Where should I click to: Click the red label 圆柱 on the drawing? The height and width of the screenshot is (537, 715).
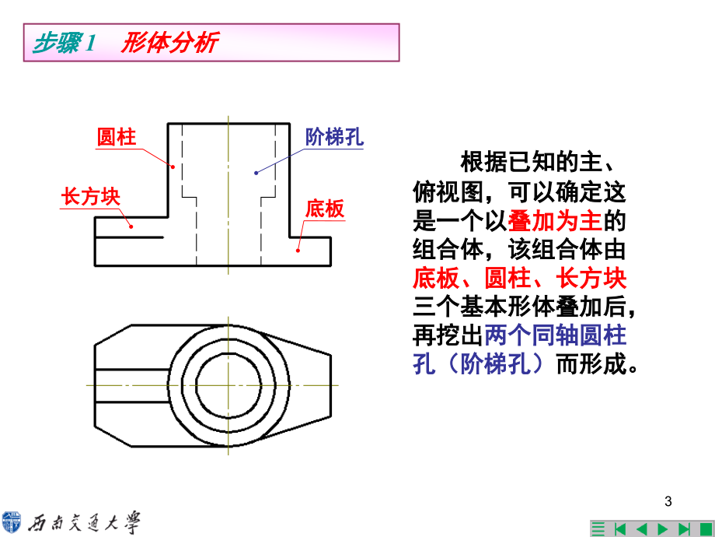click(117, 137)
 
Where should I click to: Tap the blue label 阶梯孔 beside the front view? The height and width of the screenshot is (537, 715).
click(334, 137)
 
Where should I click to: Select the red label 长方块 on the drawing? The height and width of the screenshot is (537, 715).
click(91, 197)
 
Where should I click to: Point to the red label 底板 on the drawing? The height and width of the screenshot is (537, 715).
click(325, 209)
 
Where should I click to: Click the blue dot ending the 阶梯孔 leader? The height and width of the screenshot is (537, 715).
click(256, 173)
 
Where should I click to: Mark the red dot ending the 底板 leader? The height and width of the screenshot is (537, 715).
click(298, 251)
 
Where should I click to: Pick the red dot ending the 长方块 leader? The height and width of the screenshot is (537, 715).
click(131, 226)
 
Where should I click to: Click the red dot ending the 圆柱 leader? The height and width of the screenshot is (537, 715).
click(173, 167)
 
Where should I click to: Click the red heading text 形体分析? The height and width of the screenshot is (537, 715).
click(169, 43)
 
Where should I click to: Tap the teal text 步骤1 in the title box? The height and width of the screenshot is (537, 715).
click(65, 43)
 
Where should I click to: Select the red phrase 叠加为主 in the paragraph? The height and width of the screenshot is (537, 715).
click(555, 221)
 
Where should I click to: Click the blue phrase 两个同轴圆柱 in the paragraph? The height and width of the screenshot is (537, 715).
click(555, 335)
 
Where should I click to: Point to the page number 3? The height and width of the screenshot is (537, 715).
click(668, 501)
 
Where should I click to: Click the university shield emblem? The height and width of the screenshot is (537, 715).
click(12, 522)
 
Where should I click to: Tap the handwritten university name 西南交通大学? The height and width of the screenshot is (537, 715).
click(84, 523)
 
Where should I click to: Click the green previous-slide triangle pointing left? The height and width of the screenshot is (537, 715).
click(641, 529)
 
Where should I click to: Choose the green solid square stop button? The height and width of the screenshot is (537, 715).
click(706, 529)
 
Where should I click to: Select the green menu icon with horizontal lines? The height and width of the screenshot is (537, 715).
click(598, 529)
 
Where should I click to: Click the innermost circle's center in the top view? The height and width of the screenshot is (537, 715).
click(228, 385)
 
